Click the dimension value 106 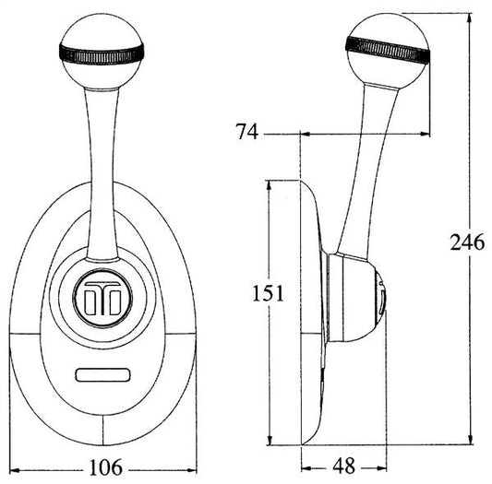click(x=106, y=467)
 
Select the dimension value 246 click(x=467, y=242)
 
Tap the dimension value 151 click(x=269, y=293)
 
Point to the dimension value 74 click(x=247, y=131)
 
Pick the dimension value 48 click(x=344, y=466)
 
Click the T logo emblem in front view click(x=102, y=298)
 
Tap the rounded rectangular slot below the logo click(x=102, y=375)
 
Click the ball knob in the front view click(x=102, y=52)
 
